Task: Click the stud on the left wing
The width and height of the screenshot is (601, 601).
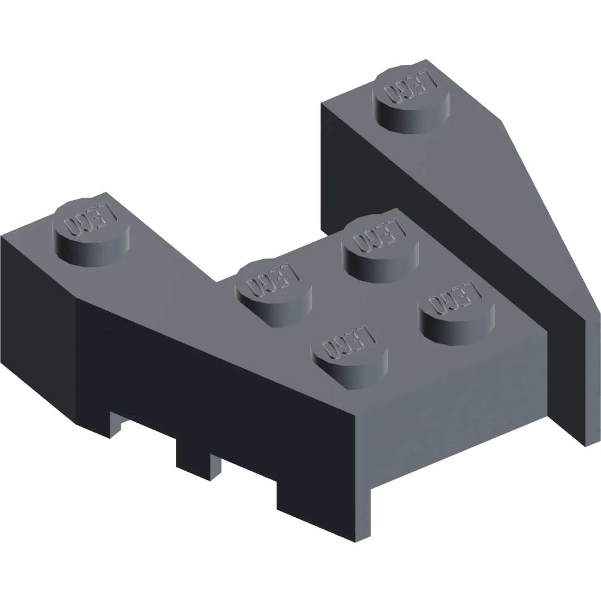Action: click(91, 232)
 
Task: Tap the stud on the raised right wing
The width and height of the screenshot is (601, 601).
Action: click(412, 99)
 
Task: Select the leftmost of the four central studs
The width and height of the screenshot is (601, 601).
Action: click(274, 293)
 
